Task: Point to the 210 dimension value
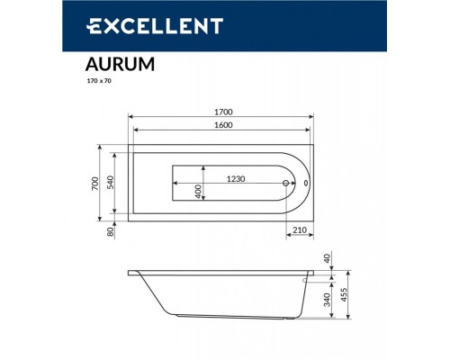coord(301,230)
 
